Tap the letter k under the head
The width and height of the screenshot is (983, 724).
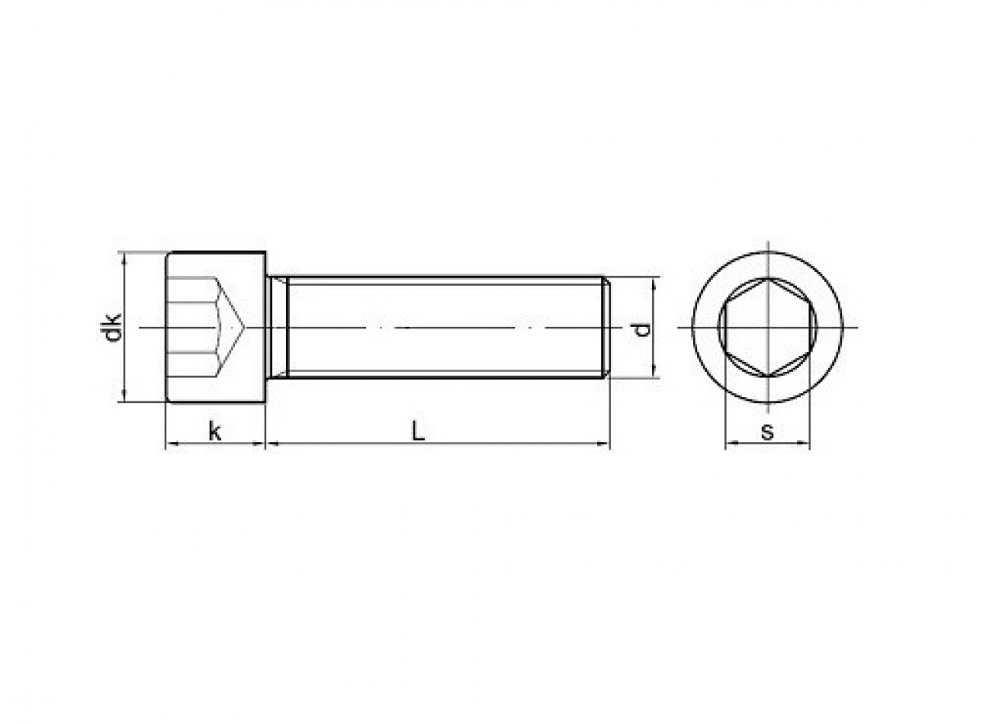[x=215, y=431]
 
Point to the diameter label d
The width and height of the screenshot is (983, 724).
[x=642, y=329]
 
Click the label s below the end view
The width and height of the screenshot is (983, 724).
[x=767, y=432]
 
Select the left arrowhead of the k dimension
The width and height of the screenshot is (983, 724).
[x=170, y=444]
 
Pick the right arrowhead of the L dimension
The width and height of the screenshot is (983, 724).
[x=605, y=444]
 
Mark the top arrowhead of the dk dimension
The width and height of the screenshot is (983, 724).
[x=124, y=258]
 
